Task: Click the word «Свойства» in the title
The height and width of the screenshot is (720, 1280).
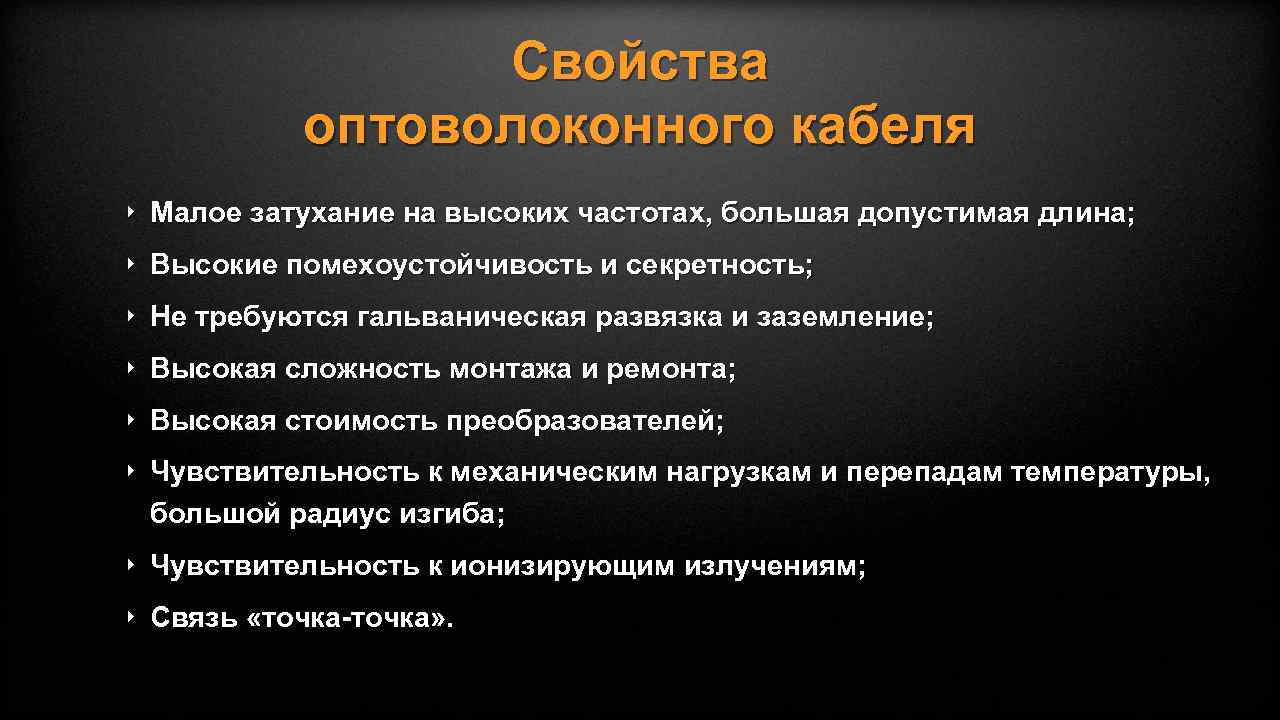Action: point(640,63)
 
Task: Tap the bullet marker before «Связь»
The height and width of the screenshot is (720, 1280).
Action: point(131,617)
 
